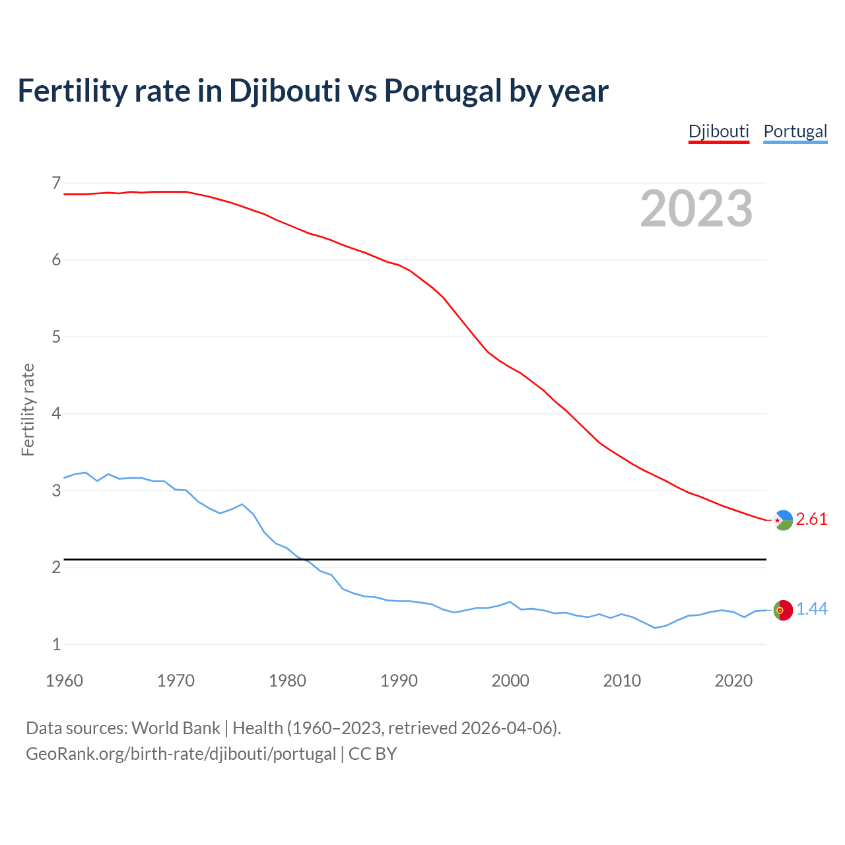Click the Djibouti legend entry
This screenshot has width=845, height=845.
coord(718,131)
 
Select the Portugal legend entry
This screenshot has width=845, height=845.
coord(795,131)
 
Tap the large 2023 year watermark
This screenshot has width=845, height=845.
coord(696,209)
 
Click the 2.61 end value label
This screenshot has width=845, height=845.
coord(811,520)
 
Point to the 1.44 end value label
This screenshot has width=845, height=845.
coord(811,609)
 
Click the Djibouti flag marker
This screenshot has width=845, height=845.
coord(783,520)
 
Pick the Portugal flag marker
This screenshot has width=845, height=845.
coord(783,610)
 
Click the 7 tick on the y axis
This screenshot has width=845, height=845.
coord(56,183)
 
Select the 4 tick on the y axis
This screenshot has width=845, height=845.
coord(56,414)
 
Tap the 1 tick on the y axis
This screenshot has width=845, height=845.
coord(56,645)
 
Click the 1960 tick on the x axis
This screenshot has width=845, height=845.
coord(64,681)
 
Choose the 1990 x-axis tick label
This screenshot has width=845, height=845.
coord(399,681)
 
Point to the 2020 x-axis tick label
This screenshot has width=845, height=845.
coord(733,681)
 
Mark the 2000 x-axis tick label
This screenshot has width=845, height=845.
coord(510,681)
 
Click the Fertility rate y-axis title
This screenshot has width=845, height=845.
coord(28,409)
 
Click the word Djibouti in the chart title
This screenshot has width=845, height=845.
coord(285,90)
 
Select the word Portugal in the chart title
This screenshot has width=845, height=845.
coord(442,90)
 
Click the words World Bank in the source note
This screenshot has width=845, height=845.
coord(176,728)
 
